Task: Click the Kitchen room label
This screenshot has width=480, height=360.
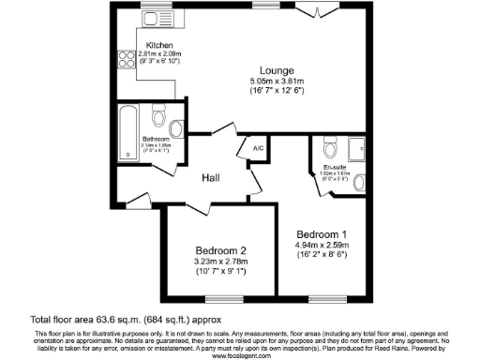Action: coord(158,45)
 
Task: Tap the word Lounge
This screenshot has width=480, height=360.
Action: coord(277,69)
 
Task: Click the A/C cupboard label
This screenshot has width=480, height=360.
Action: coord(257,147)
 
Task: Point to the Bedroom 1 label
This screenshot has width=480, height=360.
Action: coord(322,233)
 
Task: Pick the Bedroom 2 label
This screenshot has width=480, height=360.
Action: coord(220,249)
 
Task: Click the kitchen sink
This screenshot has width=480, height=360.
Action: coord(150,19)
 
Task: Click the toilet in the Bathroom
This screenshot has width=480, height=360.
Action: coord(158,120)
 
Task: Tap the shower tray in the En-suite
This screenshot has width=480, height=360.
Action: coord(358,148)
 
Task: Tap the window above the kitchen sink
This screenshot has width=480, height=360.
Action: coord(153,7)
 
